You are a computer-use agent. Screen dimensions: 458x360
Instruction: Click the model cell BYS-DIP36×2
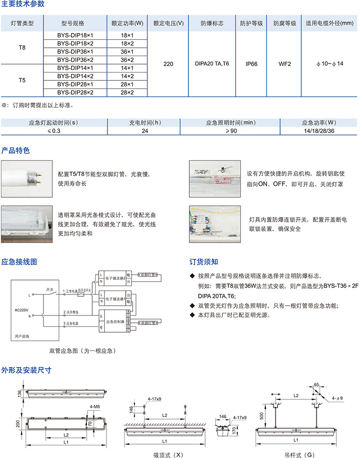(x=74, y=59)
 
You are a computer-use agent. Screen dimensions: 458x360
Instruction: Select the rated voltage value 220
(x=168, y=64)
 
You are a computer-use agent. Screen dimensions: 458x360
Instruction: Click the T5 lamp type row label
(x=22, y=79)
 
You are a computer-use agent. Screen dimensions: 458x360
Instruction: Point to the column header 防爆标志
(x=212, y=23)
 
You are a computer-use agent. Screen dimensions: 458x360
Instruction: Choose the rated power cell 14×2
(x=127, y=76)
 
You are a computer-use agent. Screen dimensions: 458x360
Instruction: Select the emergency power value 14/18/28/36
(x=318, y=130)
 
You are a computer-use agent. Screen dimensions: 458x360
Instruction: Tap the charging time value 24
(x=145, y=130)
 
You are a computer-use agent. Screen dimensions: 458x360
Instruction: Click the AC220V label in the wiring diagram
(x=23, y=310)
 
